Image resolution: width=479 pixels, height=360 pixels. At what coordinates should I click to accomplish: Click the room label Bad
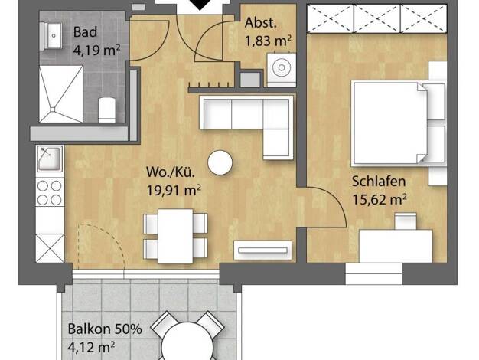tap(85, 32)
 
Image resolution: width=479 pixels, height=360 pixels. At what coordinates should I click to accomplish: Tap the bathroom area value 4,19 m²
tap(96, 50)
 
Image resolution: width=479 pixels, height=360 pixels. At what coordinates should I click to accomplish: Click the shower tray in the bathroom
tap(61, 94)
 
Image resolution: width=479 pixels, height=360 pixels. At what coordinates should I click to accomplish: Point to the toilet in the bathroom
tap(107, 110)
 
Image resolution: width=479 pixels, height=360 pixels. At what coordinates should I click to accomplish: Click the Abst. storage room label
tap(261, 23)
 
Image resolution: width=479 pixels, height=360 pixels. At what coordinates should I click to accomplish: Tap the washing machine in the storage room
tap(282, 69)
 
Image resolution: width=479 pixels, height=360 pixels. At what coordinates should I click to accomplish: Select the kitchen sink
tap(50, 159)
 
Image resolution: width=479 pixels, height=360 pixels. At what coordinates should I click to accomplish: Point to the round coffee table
tap(220, 163)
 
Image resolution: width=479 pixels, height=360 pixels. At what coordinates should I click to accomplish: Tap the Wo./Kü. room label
tap(171, 172)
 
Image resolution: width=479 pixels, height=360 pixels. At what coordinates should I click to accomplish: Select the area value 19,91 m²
tap(174, 190)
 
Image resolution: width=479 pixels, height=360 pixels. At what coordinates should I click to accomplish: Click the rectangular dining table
tap(176, 236)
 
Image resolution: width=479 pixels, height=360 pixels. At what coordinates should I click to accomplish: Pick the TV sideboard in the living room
tap(262, 250)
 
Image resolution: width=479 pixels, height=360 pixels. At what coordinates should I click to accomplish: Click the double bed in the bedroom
tap(399, 123)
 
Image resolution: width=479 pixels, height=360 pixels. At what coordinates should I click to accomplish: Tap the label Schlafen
tap(379, 181)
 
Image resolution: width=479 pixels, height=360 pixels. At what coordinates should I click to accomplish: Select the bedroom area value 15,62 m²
tap(380, 200)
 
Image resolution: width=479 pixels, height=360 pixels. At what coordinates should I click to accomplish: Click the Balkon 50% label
tap(105, 329)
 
